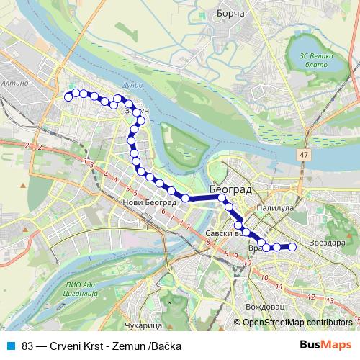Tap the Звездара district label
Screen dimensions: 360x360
pos(327,243)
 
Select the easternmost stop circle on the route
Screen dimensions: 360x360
pos(293,247)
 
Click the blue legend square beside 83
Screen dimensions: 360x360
pos(11,346)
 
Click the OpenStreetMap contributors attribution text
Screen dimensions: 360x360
pos(297,323)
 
